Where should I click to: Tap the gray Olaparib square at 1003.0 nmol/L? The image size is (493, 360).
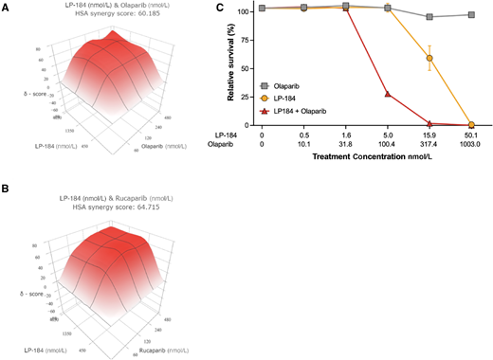[x=471, y=15]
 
